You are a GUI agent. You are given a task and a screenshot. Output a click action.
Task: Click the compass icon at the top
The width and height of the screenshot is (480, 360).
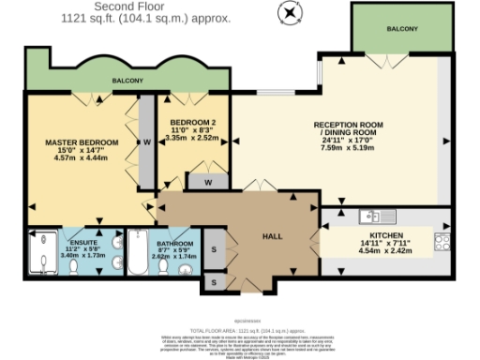tap(292, 12)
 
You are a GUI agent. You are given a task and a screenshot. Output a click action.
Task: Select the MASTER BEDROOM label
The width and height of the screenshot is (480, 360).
tap(82, 142)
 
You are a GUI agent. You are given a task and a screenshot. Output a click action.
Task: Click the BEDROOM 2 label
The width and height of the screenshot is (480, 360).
tap(193, 124)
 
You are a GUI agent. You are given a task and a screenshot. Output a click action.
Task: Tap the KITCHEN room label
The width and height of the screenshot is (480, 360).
tap(385, 237)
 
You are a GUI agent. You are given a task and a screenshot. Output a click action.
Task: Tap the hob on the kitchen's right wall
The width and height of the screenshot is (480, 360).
tap(442, 243)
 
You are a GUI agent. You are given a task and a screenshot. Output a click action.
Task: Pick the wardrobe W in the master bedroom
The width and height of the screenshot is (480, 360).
tap(147, 142)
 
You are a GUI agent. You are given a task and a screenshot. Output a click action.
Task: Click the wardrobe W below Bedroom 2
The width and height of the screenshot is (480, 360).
tap(208, 182)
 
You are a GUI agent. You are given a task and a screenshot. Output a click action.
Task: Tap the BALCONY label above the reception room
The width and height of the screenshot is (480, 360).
tap(402, 30)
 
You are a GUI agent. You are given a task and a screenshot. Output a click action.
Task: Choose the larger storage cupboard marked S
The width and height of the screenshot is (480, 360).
tap(213, 249)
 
